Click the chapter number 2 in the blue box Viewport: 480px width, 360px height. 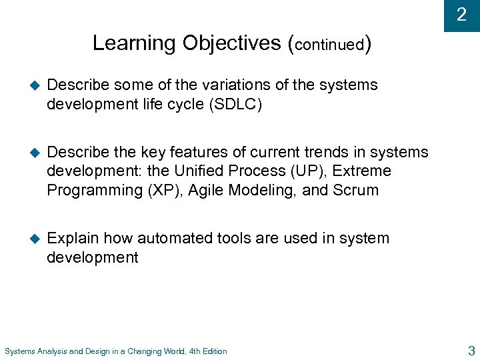461,15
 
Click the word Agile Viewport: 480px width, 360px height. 207,191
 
